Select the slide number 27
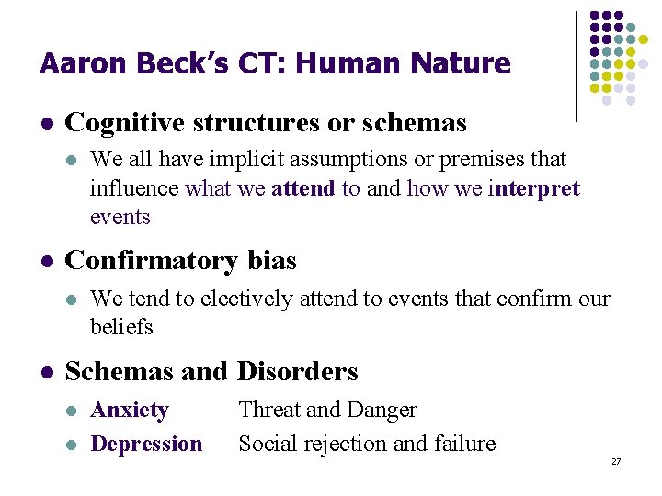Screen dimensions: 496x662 [x=616, y=461]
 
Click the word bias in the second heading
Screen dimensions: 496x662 [x=272, y=261]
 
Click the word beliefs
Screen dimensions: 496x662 [x=121, y=327]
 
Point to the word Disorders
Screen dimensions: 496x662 [x=298, y=371]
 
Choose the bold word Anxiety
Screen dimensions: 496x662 [x=130, y=410]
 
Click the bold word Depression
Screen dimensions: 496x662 [x=146, y=444]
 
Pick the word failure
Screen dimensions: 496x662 [x=462, y=444]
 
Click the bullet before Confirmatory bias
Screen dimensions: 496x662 [x=47, y=262]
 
